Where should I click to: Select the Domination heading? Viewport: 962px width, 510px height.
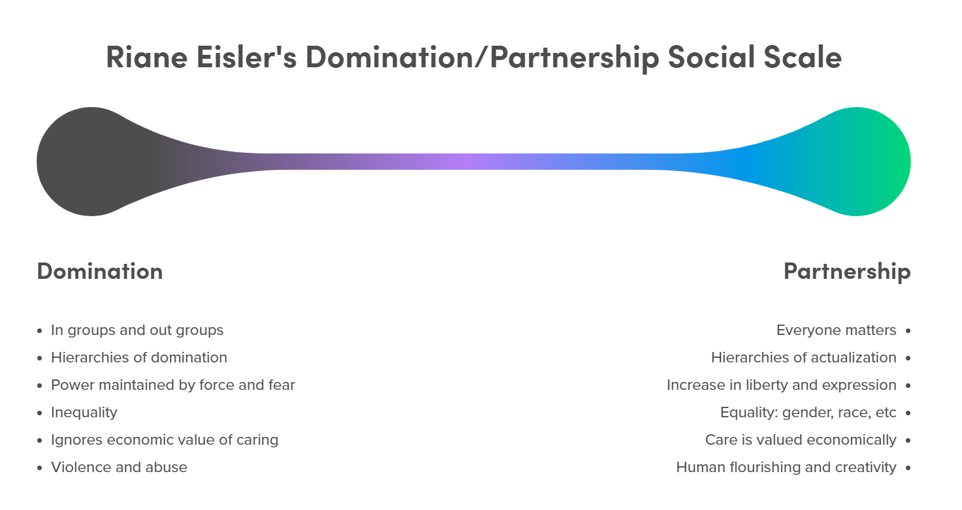(x=100, y=271)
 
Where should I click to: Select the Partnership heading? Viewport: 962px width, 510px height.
(x=846, y=271)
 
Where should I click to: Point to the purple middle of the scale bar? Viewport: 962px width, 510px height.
(x=460, y=161)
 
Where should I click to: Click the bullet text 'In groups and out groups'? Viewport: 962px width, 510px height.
(x=137, y=330)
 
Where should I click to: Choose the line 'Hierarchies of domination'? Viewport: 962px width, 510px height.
(x=139, y=358)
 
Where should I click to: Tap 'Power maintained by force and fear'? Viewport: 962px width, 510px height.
(x=173, y=385)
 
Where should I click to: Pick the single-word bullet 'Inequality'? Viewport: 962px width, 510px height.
(x=84, y=413)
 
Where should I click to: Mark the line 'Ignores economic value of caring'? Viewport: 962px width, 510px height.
(x=165, y=440)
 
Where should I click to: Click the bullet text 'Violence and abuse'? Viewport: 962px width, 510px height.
(x=119, y=468)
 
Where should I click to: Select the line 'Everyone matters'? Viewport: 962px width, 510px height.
(x=836, y=330)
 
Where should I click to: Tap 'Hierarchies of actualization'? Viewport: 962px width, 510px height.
(x=803, y=358)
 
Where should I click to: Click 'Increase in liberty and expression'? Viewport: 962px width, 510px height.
(x=781, y=385)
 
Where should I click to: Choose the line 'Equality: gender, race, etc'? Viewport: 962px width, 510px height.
(x=808, y=413)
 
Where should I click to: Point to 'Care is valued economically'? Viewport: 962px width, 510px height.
(x=801, y=440)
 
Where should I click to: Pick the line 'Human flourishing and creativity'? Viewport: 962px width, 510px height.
(x=786, y=468)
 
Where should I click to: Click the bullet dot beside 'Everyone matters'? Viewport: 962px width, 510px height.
(x=908, y=331)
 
